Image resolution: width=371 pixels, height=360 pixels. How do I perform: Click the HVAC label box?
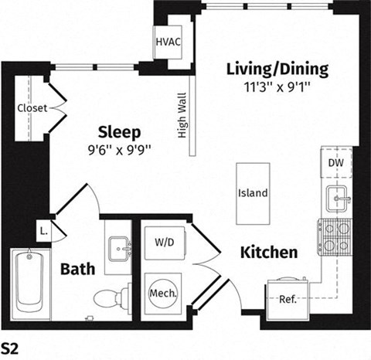(x=168, y=41)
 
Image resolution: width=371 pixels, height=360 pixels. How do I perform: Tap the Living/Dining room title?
(x=277, y=69)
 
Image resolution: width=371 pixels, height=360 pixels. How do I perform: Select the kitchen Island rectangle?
(x=253, y=192)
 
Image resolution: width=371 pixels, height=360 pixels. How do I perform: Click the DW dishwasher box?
(x=337, y=163)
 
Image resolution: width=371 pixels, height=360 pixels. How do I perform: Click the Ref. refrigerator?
(x=288, y=298)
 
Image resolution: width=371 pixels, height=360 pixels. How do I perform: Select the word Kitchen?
(x=268, y=252)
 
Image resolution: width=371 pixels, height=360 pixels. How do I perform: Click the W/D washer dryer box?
(x=163, y=243)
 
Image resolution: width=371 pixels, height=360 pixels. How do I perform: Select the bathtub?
(x=29, y=281)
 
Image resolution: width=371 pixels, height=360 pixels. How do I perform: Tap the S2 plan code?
(x=10, y=345)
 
